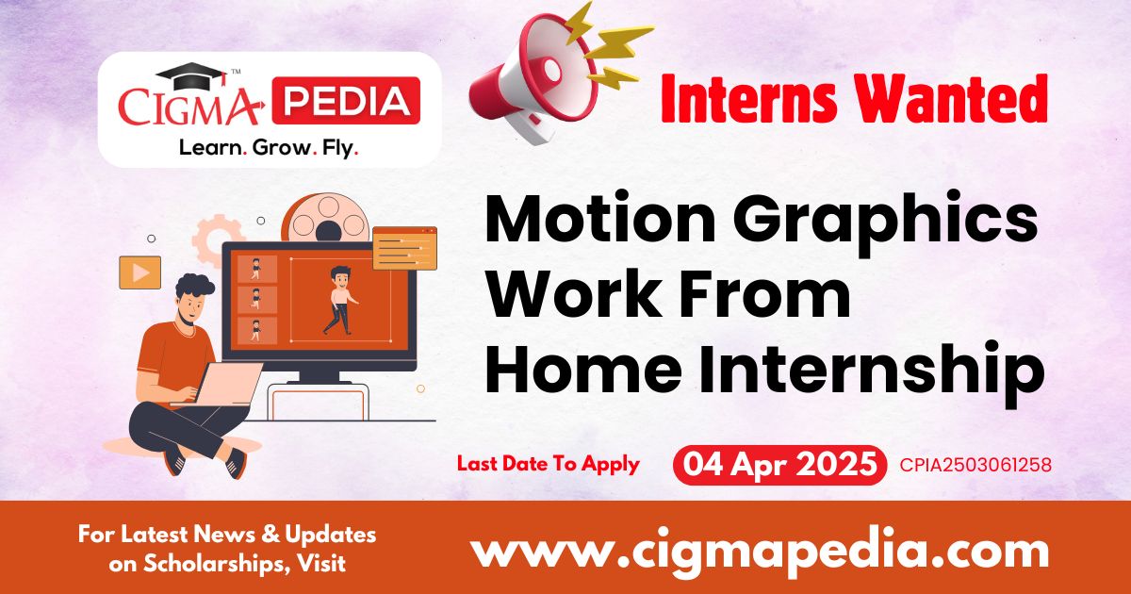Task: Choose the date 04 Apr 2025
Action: click(x=780, y=465)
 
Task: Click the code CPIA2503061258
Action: click(x=975, y=465)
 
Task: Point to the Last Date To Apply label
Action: click(x=548, y=464)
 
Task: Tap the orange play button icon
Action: click(x=139, y=272)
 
